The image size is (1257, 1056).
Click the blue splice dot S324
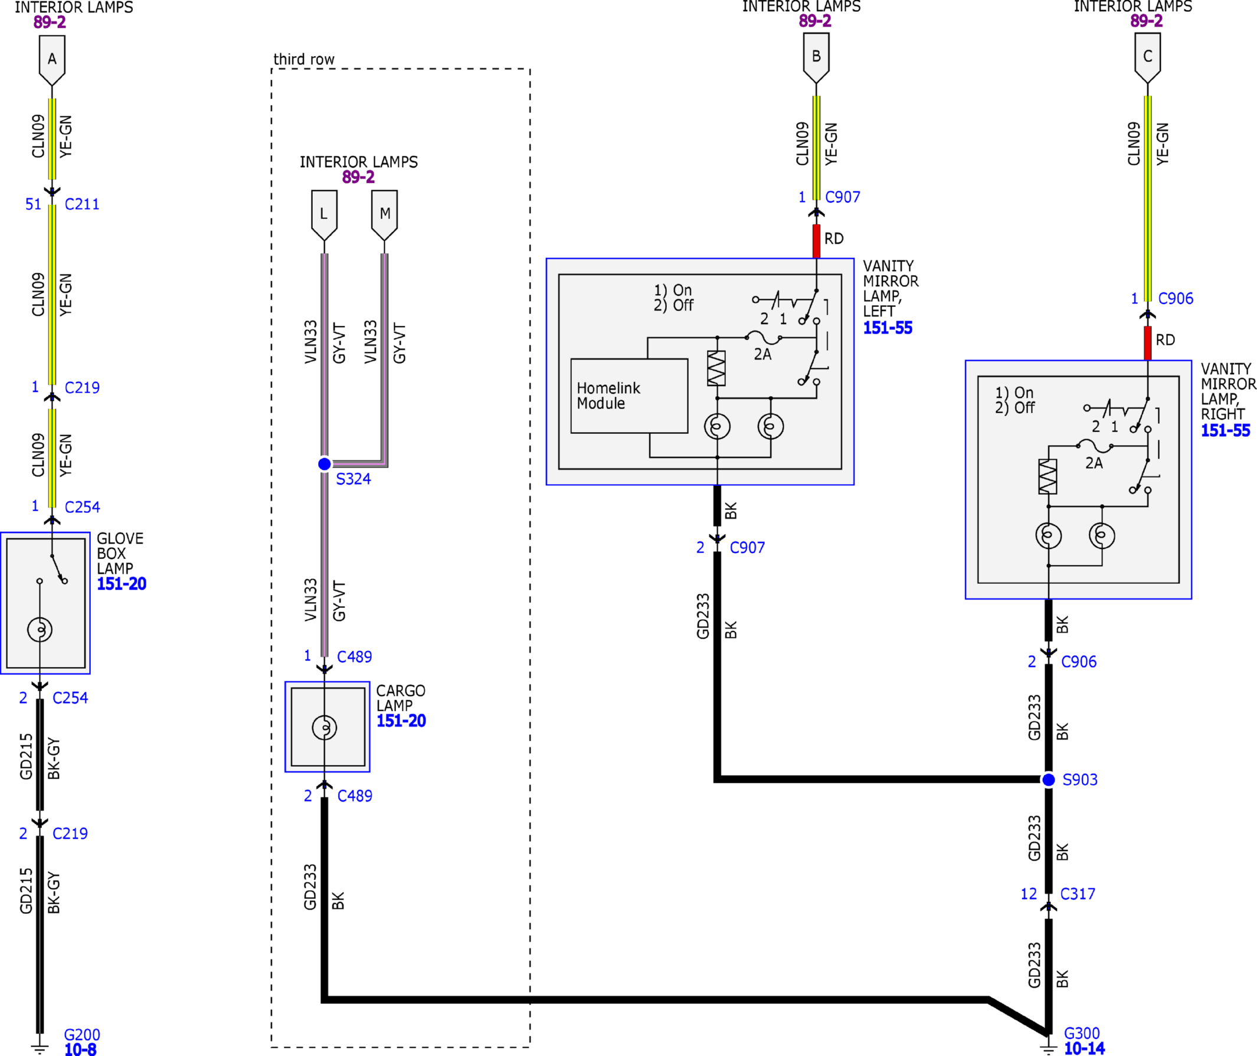pos(325,464)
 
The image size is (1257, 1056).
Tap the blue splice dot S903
pos(1049,779)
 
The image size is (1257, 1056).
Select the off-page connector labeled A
pos(52,60)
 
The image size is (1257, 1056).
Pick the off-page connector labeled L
pos(325,215)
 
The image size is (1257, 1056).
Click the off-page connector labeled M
pos(384,215)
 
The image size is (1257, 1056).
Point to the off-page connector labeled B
pos(816,57)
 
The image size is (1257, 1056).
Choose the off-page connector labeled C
pos(1148,57)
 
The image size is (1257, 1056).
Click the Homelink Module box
pos(629,395)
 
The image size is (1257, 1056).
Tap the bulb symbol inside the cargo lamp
pos(325,727)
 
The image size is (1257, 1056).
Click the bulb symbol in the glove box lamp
pos(40,629)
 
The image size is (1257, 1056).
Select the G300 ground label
pos(1082,1032)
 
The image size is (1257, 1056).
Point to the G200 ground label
pos(82,1034)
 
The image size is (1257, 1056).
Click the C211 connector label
pos(82,204)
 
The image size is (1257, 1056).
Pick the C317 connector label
pos(1078,894)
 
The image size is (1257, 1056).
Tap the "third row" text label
pos(303,59)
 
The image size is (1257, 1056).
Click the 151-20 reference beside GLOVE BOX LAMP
pos(122,584)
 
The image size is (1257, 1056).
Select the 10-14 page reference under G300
pos(1084,1048)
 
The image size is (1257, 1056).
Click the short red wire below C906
pos(1147,343)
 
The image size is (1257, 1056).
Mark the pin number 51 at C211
pos(34,204)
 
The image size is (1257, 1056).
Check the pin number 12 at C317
pos(1029,894)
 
